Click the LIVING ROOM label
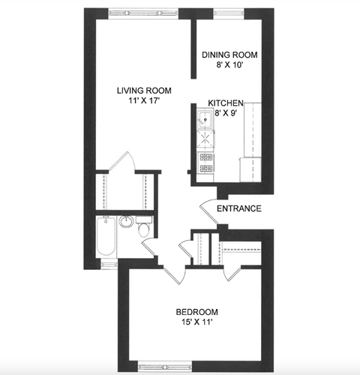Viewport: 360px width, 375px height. tap(140, 91)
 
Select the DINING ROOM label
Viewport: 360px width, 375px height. tap(230, 55)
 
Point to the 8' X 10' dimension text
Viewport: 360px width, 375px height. tap(229, 65)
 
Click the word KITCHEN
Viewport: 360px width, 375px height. tap(226, 103)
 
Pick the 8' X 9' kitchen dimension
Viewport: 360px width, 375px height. tap(228, 113)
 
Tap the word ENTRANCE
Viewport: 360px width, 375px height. tap(238, 208)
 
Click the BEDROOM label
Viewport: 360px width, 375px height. tap(196, 312)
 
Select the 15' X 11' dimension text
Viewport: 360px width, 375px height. tap(196, 323)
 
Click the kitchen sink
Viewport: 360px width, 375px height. tap(205, 117)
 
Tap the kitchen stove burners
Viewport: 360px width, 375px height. tap(205, 159)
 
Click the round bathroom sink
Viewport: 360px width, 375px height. tap(127, 222)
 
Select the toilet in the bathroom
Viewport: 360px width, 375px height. tap(144, 229)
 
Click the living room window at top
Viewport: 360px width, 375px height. tap(142, 13)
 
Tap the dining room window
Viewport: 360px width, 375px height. tap(230, 13)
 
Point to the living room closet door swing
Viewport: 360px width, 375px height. tap(120, 162)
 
